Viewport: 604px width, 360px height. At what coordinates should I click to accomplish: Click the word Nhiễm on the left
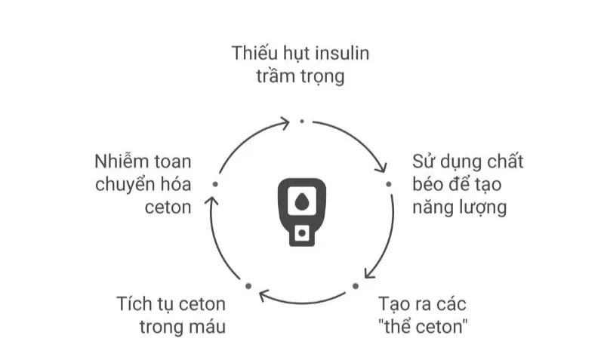tap(122, 161)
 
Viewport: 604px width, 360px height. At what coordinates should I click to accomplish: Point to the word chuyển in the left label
tap(122, 185)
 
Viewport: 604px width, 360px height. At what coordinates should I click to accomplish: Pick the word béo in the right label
tap(426, 184)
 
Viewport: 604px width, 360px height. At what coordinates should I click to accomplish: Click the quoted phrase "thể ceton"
tap(423, 327)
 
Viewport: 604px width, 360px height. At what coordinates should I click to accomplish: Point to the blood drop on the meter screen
tap(301, 202)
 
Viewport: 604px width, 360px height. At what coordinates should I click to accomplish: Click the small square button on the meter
tap(302, 233)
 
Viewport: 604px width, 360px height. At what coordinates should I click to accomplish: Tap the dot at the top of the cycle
tap(302, 122)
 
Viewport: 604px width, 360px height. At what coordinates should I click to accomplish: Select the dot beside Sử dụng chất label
tap(389, 184)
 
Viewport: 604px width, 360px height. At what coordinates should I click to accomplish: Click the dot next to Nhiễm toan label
tap(215, 184)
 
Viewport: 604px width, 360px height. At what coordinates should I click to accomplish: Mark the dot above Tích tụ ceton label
tap(248, 286)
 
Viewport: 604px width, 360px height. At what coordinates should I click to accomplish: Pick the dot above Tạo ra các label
tap(356, 286)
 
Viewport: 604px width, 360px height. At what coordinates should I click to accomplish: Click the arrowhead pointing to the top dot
tap(285, 123)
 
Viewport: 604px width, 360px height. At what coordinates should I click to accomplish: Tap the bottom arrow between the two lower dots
tap(302, 303)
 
